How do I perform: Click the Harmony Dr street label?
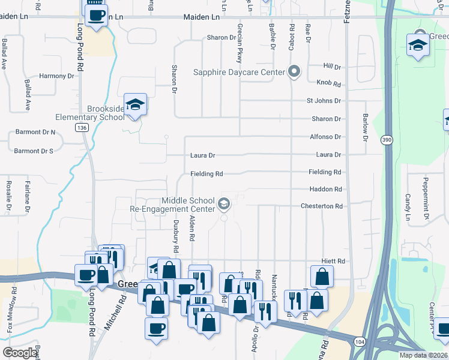coord(56,76)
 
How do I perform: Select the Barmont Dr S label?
coord(34,151)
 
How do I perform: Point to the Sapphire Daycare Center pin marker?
coord(294,73)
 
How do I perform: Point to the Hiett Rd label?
coord(333,262)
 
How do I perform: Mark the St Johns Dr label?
coord(324,101)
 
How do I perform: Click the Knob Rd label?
coord(328,83)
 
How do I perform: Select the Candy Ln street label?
coord(407,205)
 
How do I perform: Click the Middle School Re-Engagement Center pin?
coord(224,205)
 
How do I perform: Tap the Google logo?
coord(20,353)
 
